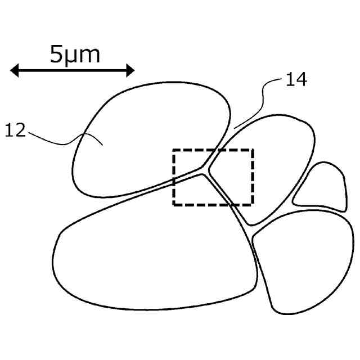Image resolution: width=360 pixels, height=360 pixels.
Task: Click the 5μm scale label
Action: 75,54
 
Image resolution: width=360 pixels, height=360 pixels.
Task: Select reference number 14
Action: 296,80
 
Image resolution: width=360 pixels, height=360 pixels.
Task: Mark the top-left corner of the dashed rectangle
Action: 173,150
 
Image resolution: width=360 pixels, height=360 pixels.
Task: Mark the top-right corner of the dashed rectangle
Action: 253,150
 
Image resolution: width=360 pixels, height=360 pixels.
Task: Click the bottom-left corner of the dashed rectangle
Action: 173,204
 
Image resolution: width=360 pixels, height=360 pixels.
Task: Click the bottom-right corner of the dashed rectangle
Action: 253,204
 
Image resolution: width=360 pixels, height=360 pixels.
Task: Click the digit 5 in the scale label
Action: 57,54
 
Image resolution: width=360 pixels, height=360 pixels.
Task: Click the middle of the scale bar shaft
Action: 73,70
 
